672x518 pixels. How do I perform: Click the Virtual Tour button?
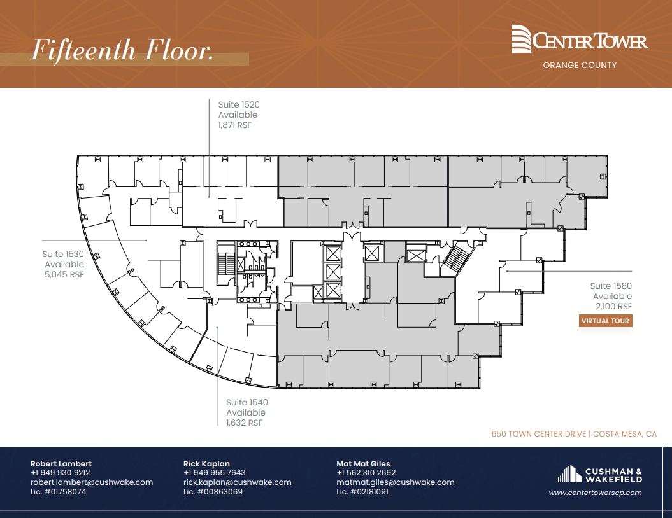point(605,321)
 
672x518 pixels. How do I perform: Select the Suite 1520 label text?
point(239,104)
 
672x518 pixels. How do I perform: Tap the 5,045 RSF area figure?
point(64,275)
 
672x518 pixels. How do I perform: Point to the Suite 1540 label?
point(247,402)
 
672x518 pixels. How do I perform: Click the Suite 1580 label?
point(611,286)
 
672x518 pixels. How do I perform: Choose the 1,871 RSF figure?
point(235,125)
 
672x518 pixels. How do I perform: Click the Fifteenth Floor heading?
point(122,51)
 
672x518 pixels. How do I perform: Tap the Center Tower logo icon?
point(522,39)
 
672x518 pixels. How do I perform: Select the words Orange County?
point(579,65)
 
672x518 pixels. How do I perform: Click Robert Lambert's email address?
point(92,482)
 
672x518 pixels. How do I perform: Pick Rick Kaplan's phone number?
point(214,473)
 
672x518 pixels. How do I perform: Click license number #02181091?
point(362,492)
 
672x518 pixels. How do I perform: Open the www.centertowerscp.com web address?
point(595,493)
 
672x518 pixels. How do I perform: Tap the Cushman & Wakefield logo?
point(599,475)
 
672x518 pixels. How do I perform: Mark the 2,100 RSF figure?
point(613,307)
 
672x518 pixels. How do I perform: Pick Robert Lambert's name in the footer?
point(61,463)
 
